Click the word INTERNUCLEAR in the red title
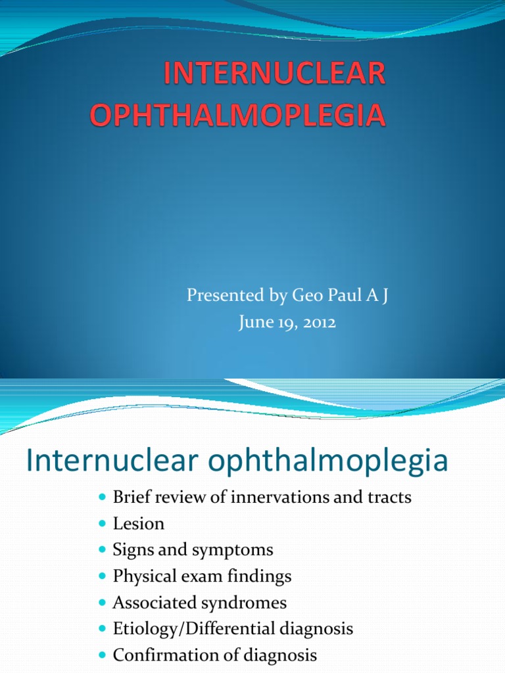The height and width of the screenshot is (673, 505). tap(274, 75)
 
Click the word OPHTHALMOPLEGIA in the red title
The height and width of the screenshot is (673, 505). tap(237, 114)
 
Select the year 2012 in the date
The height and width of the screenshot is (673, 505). tap(320, 323)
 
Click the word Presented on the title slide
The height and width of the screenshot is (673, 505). tap(223, 296)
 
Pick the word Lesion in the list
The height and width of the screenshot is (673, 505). tap(139, 524)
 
